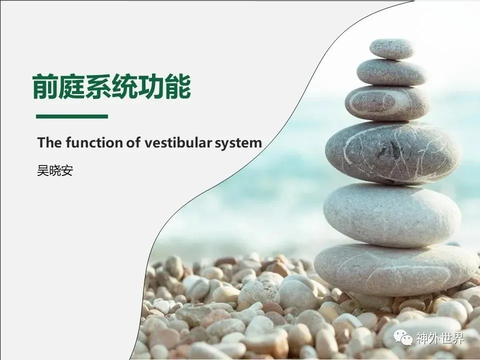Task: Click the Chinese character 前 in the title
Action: pyautogui.click(x=45, y=86)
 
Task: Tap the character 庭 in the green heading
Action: pyautogui.click(x=72, y=86)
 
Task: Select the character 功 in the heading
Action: pyautogui.click(x=151, y=86)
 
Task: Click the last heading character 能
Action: pyautogui.click(x=178, y=86)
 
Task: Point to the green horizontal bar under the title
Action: pyautogui.click(x=72, y=116)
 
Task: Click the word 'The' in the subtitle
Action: pyautogui.click(x=49, y=142)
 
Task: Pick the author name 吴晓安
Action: pyautogui.click(x=55, y=170)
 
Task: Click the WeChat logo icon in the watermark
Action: pyautogui.click(x=403, y=338)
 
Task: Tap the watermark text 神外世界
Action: pyautogui.click(x=440, y=338)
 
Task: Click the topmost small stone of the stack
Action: pyautogui.click(x=392, y=49)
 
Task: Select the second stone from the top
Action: pyautogui.click(x=392, y=72)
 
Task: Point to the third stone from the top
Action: pyautogui.click(x=387, y=103)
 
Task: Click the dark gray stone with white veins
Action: pyautogui.click(x=393, y=153)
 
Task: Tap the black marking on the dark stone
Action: pyautogui.click(x=389, y=149)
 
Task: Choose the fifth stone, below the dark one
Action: pyautogui.click(x=392, y=215)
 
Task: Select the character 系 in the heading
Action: pyautogui.click(x=98, y=86)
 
